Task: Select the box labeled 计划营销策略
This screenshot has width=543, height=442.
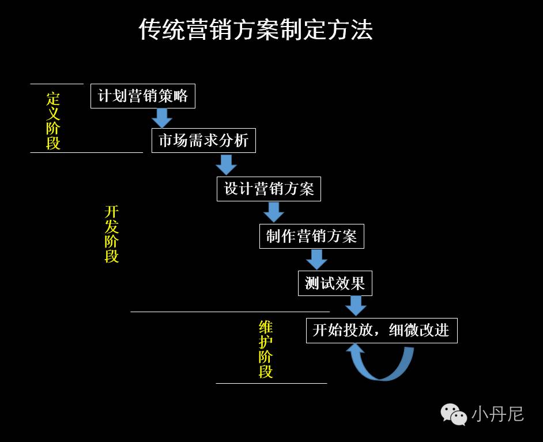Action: [x=143, y=96]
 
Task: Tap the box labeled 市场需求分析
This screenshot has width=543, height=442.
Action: [x=203, y=140]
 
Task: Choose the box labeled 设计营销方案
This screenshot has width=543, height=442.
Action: [x=269, y=189]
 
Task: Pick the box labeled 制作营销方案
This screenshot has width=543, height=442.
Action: [x=312, y=236]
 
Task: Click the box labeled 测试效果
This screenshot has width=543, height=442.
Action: [x=335, y=283]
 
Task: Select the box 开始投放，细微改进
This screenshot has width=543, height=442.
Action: [x=382, y=331]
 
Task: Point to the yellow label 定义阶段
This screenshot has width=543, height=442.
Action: [x=53, y=121]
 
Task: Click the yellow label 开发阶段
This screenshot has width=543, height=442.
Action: [x=111, y=234]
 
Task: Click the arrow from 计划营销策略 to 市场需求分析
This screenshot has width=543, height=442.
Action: [x=162, y=118]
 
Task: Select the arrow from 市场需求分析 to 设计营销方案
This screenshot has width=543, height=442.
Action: [x=226, y=165]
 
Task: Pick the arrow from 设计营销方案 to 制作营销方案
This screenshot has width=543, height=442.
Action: [x=274, y=212]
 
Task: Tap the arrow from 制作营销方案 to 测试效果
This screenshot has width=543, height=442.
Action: [x=316, y=260]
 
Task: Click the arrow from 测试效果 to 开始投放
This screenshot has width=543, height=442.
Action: [x=356, y=306]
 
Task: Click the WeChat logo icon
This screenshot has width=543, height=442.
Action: [x=454, y=414]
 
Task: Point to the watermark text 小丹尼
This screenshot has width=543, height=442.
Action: [x=497, y=414]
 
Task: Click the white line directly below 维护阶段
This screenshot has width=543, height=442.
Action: [x=271, y=383]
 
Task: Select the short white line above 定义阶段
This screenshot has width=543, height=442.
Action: [x=56, y=84]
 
